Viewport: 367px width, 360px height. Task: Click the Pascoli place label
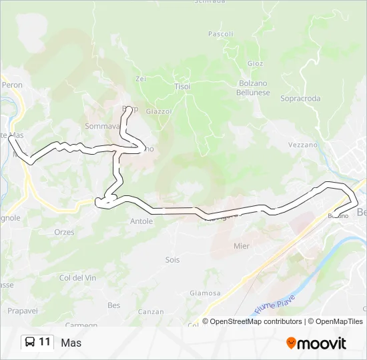221,33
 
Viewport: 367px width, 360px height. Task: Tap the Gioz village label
256,63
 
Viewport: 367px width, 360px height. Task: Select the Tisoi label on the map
182,87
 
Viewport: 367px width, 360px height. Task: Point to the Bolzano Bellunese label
253,88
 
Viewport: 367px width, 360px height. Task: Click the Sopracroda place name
300,99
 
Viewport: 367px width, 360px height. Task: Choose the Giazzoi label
159,111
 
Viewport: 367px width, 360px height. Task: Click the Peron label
12,85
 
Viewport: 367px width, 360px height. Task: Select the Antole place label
141,221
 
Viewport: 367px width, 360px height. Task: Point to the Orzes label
64,232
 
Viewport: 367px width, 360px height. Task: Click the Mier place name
242,246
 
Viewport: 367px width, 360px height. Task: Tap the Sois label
173,260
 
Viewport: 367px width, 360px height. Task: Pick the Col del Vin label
73,277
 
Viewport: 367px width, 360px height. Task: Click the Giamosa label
205,293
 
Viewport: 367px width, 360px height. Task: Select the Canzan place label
151,311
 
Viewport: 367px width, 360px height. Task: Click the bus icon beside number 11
30,343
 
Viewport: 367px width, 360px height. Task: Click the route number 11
45,343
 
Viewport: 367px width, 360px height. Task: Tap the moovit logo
316,343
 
